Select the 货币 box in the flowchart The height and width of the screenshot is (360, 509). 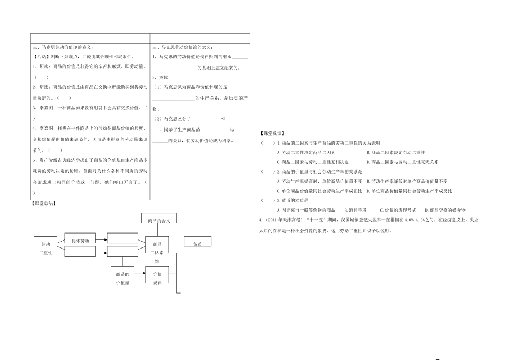click(x=198, y=243)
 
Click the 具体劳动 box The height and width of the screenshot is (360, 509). click(x=80, y=240)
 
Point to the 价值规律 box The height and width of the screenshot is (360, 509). click(x=157, y=277)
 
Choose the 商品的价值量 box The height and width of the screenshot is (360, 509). click(x=123, y=277)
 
